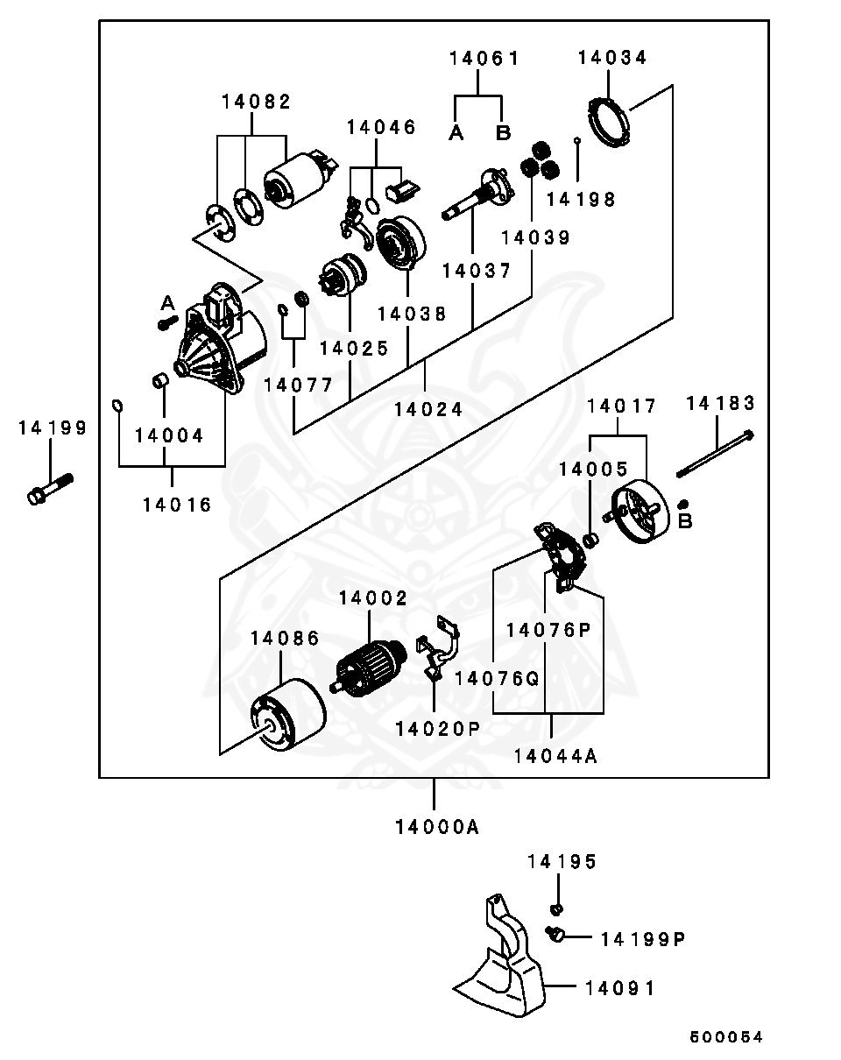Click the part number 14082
click(256, 102)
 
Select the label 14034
click(612, 59)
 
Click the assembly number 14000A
click(435, 827)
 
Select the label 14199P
click(641, 940)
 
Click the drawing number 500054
click(726, 1037)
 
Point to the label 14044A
click(555, 756)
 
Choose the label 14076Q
click(496, 677)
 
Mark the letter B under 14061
click(503, 133)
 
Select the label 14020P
click(437, 728)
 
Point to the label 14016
click(176, 505)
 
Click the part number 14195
click(562, 863)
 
